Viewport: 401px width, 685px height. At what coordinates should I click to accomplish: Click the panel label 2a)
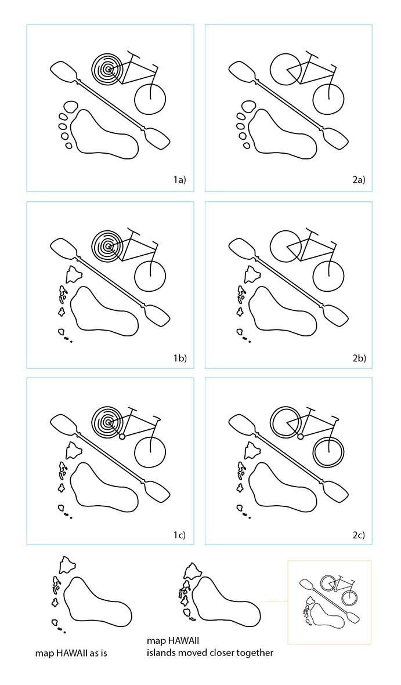pyautogui.click(x=359, y=180)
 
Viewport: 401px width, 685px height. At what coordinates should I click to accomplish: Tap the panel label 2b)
pyautogui.click(x=359, y=358)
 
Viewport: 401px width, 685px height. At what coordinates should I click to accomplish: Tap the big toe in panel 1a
pyautogui.click(x=70, y=107)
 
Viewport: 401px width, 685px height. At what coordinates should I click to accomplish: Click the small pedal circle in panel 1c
pyautogui.click(x=122, y=436)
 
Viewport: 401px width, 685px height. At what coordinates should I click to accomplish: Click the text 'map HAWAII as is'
pyautogui.click(x=71, y=654)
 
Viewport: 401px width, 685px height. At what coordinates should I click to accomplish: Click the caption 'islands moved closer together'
pyautogui.click(x=210, y=653)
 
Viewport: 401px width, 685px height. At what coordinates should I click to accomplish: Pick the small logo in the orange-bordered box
pyautogui.click(x=329, y=603)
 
